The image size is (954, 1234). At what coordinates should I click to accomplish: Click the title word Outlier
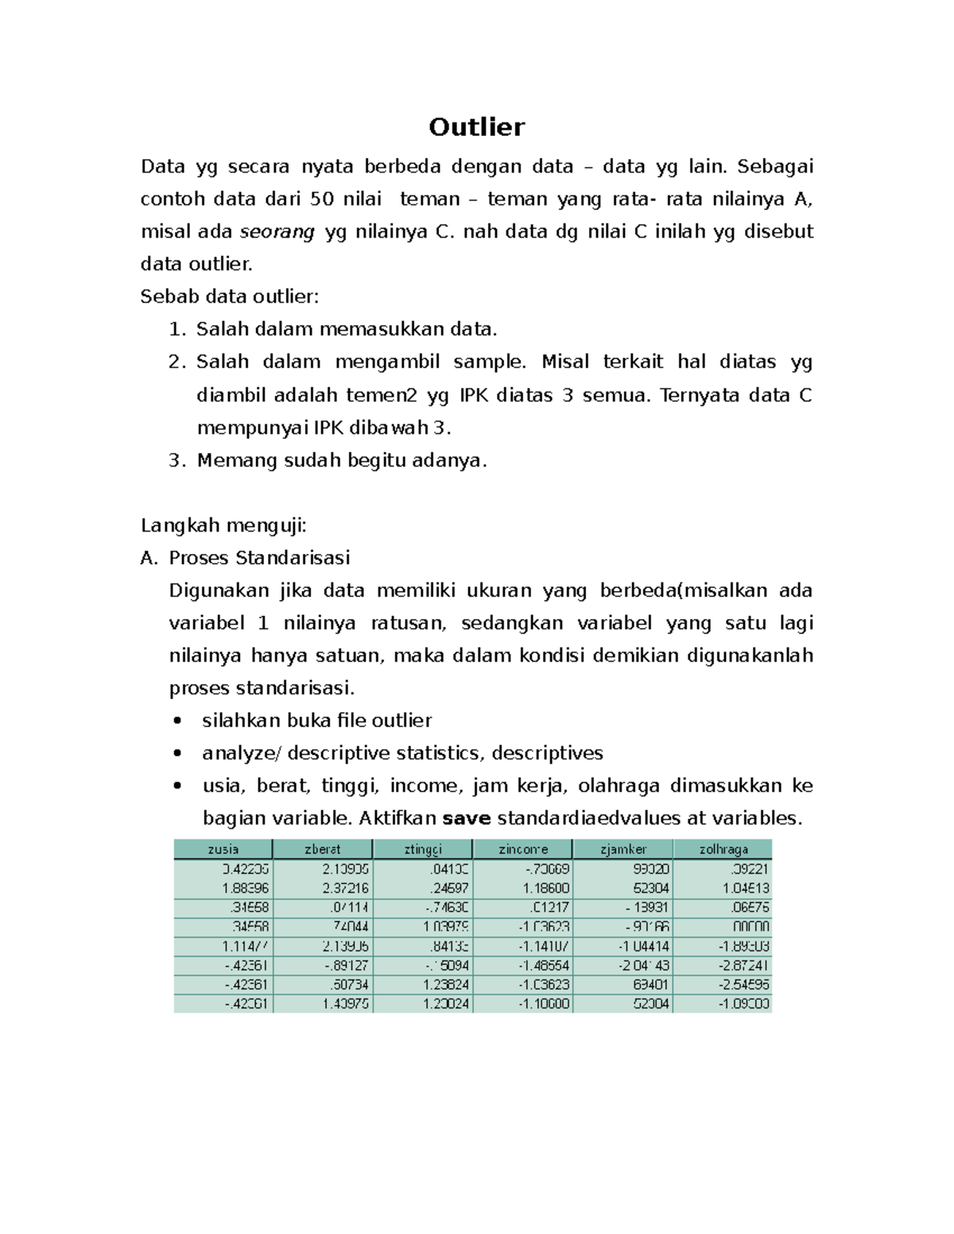[x=476, y=127]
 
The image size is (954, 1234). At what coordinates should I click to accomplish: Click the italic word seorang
[x=277, y=232]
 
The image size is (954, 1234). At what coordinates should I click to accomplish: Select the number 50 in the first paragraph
[x=321, y=199]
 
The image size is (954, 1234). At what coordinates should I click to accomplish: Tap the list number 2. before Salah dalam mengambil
[x=176, y=362]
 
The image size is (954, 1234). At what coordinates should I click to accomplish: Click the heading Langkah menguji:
[x=223, y=526]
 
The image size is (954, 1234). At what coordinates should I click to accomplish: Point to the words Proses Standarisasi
[x=259, y=559]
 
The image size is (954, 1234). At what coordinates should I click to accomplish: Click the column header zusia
[x=223, y=849]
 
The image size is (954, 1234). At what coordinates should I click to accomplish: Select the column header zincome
[x=522, y=849]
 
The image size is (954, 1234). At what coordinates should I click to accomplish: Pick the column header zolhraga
[x=723, y=849]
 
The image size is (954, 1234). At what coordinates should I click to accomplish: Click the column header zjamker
[x=623, y=849]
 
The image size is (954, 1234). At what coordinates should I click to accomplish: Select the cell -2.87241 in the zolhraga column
[x=743, y=965]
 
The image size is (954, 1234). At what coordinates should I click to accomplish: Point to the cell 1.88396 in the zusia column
[x=245, y=888]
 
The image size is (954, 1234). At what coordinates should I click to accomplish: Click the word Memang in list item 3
[x=228, y=461]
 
